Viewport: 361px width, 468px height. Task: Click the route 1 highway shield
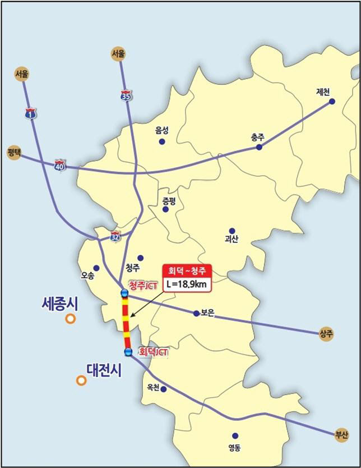29,114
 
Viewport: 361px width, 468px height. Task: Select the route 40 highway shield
60,166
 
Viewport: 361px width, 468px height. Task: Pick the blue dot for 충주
259,147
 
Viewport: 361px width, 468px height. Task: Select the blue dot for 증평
165,209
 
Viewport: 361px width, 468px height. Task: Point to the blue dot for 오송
96,268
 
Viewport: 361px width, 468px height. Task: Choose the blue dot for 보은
196,313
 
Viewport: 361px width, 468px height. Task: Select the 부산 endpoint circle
342,434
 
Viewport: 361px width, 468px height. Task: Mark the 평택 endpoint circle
13,153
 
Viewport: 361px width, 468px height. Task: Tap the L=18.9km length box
187,285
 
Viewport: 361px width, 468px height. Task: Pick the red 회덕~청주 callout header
187,270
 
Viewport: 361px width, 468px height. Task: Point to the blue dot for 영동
235,435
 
